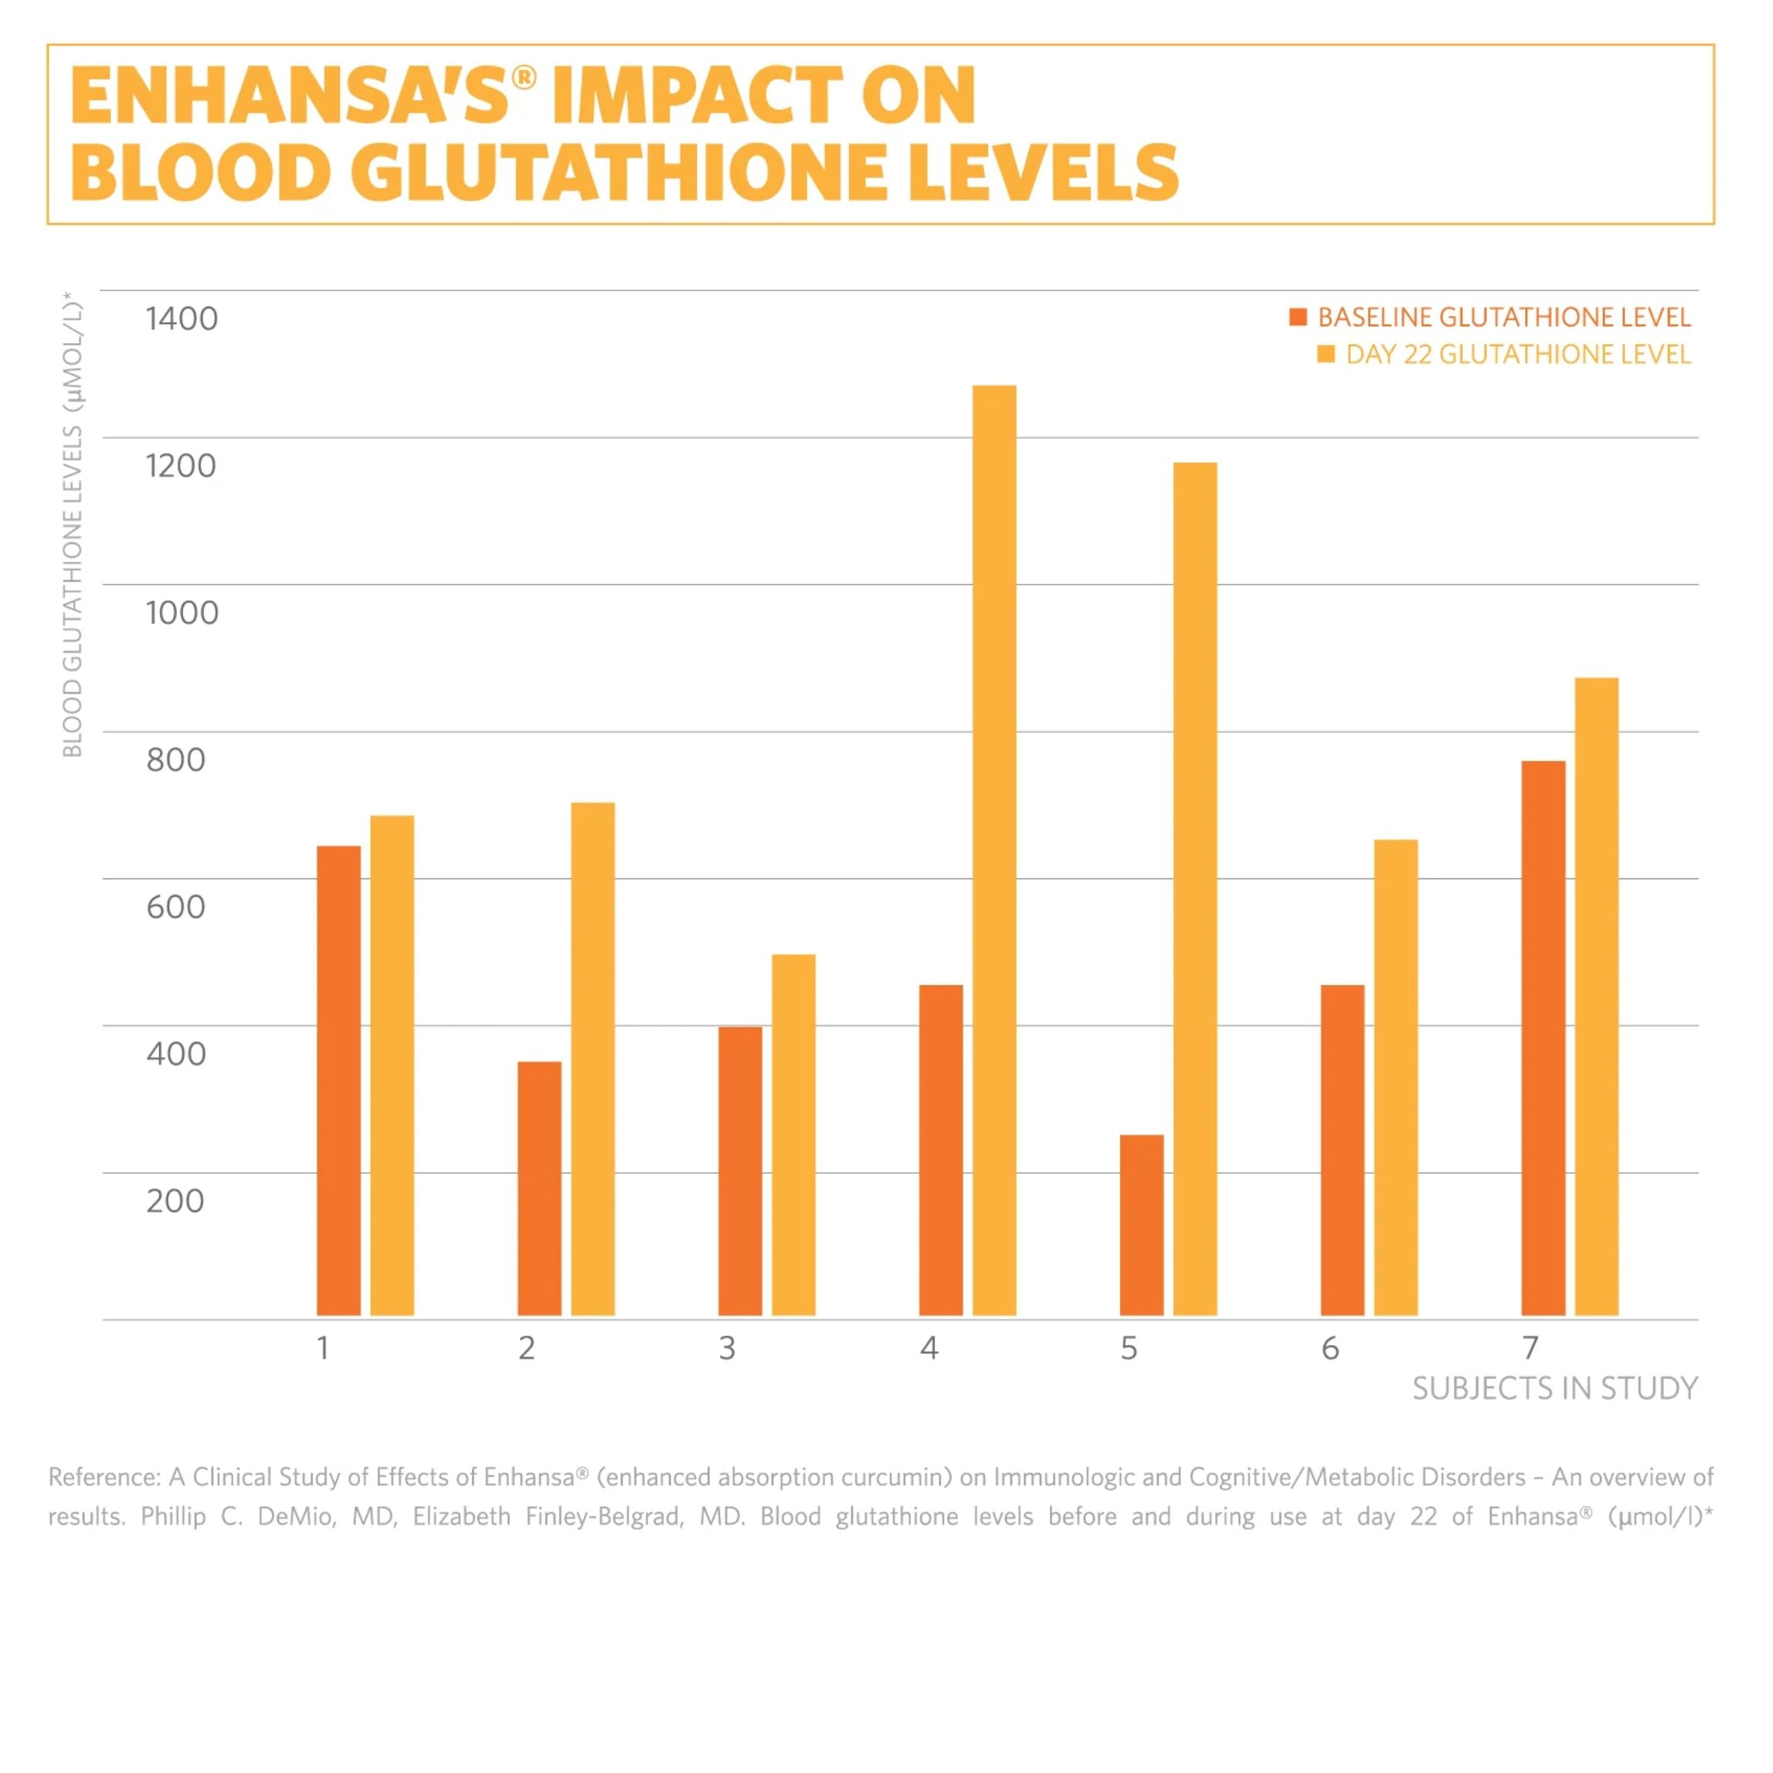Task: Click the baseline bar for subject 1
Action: tap(338, 1080)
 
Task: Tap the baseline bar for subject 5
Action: tap(1142, 1225)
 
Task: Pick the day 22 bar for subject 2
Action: tap(593, 1059)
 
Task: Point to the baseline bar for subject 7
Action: tap(1543, 1038)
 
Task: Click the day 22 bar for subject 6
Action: tap(1395, 1078)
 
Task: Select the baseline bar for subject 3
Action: tap(739, 1170)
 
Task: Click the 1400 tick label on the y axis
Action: tap(182, 319)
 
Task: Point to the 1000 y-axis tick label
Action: tap(182, 613)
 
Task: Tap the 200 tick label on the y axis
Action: tap(175, 1201)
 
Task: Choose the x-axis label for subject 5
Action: tap(1129, 1348)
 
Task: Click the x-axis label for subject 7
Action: tap(1530, 1348)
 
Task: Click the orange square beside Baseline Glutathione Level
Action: tap(1296, 318)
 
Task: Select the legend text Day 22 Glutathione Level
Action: tap(1518, 355)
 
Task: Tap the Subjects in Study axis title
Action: tap(1554, 1388)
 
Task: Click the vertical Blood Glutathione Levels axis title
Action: tap(73, 525)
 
